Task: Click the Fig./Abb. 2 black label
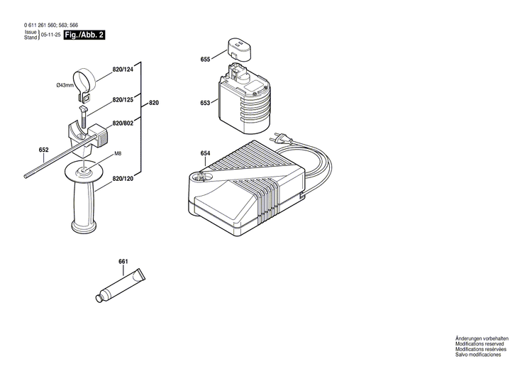pyautogui.click(x=84, y=35)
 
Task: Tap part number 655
pyautogui.click(x=205, y=60)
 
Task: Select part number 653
pyautogui.click(x=205, y=103)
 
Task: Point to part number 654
pyautogui.click(x=205, y=153)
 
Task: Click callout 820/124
pyautogui.click(x=123, y=70)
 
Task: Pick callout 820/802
pyautogui.click(x=123, y=123)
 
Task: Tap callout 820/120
pyautogui.click(x=123, y=181)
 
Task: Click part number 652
pyautogui.click(x=43, y=150)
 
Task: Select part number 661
pyautogui.click(x=123, y=262)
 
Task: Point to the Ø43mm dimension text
pyautogui.click(x=65, y=86)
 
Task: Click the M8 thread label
pyautogui.click(x=118, y=154)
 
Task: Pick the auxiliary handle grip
pyautogui.click(x=84, y=205)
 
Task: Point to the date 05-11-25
pyautogui.click(x=50, y=35)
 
